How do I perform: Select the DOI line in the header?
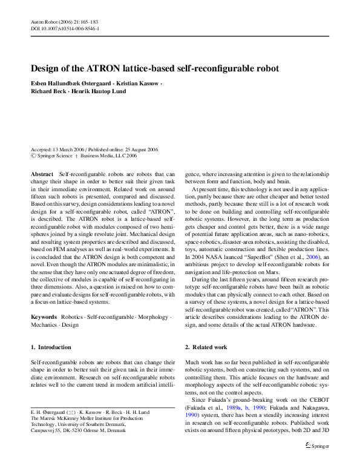pos(65,28)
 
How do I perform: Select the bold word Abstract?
pos(42,174)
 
